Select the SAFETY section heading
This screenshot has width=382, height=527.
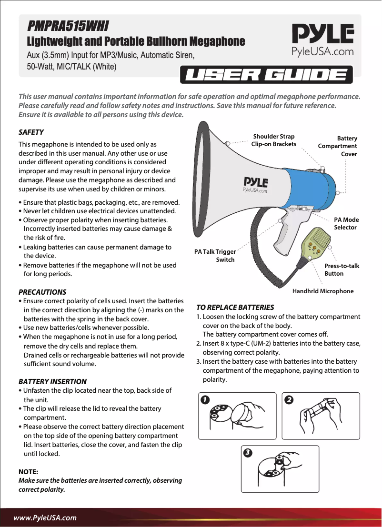(x=31, y=132)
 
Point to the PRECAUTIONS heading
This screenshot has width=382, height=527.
(x=42, y=292)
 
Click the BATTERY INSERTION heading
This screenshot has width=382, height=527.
(x=52, y=381)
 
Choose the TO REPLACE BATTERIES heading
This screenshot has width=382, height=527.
(x=235, y=307)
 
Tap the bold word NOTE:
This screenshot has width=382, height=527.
(x=28, y=471)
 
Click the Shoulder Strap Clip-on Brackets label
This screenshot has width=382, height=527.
(x=274, y=140)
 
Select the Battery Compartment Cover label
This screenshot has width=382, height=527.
(x=338, y=146)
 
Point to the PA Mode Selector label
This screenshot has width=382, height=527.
(x=346, y=224)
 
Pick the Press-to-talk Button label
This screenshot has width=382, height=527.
(x=342, y=269)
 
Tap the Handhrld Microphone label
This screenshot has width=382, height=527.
(x=323, y=291)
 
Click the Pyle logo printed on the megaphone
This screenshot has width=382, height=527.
(x=255, y=184)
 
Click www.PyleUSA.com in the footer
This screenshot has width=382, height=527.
(x=45, y=517)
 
